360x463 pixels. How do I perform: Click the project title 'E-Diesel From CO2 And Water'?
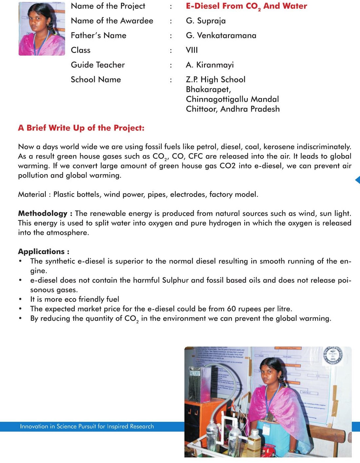pyautogui.click(x=246, y=6)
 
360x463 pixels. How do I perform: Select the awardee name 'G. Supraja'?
pyautogui.click(x=206, y=21)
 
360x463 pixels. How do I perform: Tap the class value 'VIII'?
pyautogui.click(x=192, y=50)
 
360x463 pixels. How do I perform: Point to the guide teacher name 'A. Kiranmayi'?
pyautogui.click(x=210, y=65)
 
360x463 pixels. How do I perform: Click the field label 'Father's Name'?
pyautogui.click(x=98, y=35)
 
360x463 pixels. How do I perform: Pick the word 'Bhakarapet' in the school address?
pyautogui.click(x=208, y=89)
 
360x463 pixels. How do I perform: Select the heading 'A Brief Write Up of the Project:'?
pyautogui.click(x=81, y=128)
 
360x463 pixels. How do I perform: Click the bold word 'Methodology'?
pyautogui.click(x=43, y=214)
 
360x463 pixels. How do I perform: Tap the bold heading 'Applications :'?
pyautogui.click(x=43, y=251)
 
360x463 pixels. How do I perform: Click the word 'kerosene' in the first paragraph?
pyautogui.click(x=279, y=146)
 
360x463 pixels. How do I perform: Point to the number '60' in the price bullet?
pyautogui.click(x=231, y=309)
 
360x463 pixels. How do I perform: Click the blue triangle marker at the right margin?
pyautogui.click(x=357, y=180)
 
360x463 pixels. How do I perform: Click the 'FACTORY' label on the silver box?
pyautogui.click(x=195, y=373)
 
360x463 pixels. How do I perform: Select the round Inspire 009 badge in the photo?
pyautogui.click(x=333, y=356)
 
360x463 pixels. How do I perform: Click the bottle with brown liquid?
pyautogui.click(x=254, y=441)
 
